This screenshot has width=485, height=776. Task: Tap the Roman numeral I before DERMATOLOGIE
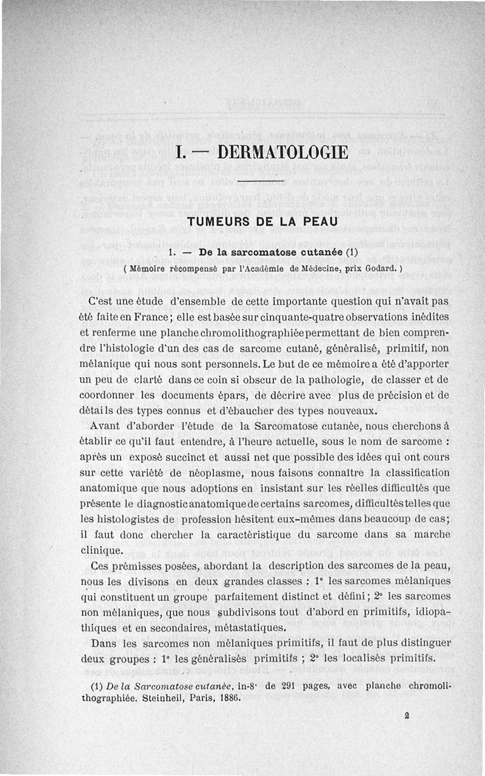coord(179,152)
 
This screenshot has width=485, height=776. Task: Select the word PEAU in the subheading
coord(318,222)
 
